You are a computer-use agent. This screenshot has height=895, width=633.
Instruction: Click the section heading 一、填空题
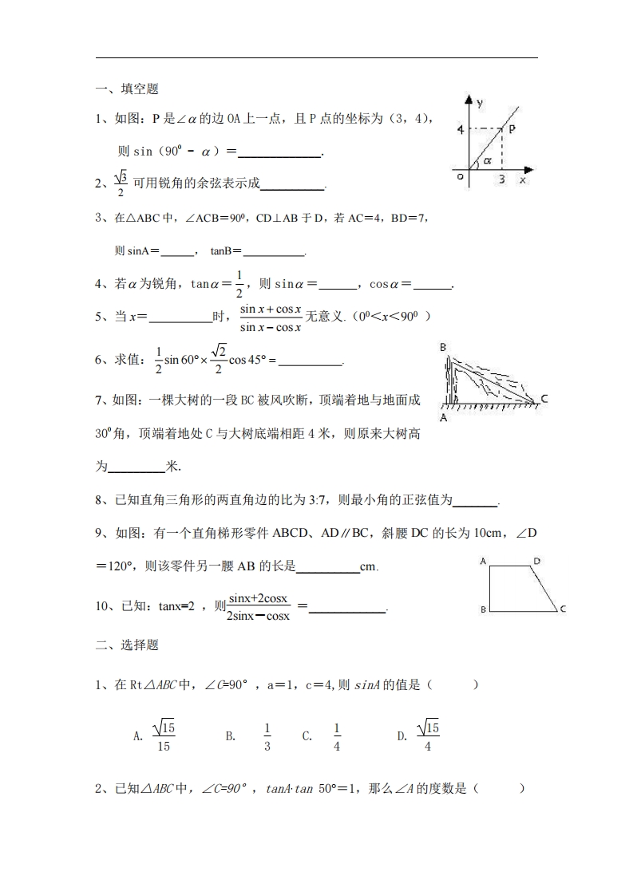pos(127,89)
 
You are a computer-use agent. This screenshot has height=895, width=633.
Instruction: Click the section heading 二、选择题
pos(127,645)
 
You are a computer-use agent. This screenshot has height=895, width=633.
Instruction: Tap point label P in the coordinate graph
pos(512,128)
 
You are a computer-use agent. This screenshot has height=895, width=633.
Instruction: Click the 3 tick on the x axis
pos(501,180)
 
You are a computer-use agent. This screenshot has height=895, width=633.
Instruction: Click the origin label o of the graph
pos(461,177)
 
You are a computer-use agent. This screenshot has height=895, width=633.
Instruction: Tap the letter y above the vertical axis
pos(479,103)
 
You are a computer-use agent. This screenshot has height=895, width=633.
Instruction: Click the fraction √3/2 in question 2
pos(121,183)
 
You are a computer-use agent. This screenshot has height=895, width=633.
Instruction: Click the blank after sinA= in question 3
pos(177,252)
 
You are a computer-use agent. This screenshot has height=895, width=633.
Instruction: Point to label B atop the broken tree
pos(443,347)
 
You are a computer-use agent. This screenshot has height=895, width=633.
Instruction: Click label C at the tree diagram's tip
pos(544,398)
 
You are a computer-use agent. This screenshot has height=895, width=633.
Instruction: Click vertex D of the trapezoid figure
pos(537,561)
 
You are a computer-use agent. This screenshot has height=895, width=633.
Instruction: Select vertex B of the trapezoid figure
pos(483,609)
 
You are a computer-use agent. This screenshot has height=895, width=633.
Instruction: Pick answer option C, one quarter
pos(336,736)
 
